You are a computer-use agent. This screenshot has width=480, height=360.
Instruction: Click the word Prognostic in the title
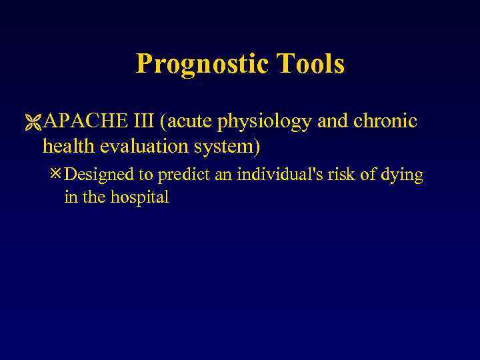pos(199,65)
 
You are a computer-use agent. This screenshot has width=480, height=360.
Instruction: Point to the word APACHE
pos(78,122)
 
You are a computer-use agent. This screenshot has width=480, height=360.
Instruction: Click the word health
pos(69,145)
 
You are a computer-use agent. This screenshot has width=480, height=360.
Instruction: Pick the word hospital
pos(139,198)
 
